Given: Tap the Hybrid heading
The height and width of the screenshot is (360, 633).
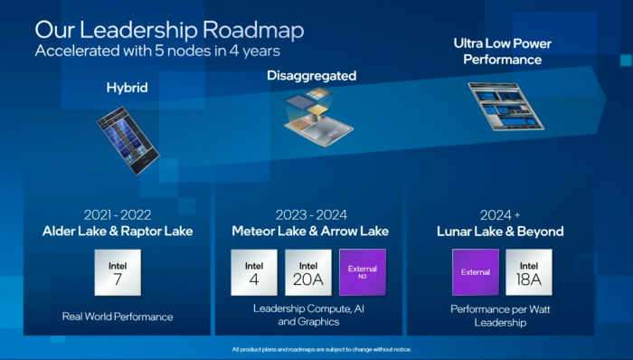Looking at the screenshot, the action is coord(127,88).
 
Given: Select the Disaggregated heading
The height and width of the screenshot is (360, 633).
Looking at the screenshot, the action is coord(311,75).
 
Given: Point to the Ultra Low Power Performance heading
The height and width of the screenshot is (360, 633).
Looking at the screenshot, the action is coord(503,52).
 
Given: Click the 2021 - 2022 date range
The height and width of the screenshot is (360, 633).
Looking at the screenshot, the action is coord(117,214).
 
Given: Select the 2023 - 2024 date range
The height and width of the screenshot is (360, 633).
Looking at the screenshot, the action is coord(310,214).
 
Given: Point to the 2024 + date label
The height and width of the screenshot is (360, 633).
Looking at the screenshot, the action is coord(503,214).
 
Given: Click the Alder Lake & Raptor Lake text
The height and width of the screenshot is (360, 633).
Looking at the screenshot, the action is coord(118,231).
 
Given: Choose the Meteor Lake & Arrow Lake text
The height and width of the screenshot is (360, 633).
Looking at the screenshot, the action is coord(310,231).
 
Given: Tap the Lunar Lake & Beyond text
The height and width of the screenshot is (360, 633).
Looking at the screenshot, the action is coord(504,232).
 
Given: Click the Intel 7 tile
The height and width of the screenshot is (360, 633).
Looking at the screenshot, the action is coord(118,272).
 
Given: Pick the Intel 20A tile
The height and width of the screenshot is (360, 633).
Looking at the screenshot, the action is coord(309,272).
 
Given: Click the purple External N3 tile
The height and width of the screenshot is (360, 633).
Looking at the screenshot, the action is coord(363,272).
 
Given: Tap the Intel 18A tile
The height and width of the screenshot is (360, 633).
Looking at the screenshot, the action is coord(529,272).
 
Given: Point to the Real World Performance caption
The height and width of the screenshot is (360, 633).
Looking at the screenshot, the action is coord(118,317).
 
